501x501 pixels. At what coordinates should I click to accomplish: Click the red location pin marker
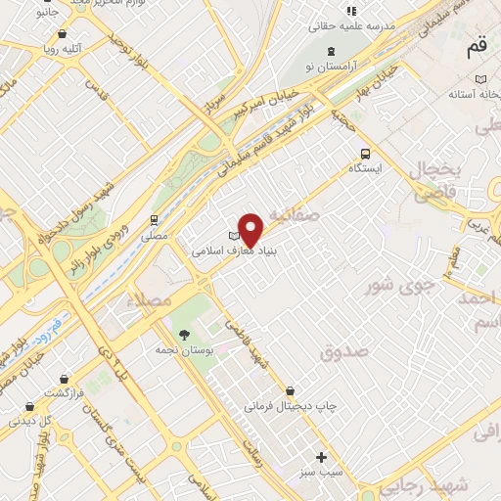[x=251, y=228]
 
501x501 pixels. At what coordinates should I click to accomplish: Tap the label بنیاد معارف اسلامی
[x=222, y=250]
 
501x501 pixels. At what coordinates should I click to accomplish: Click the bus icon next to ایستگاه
[x=365, y=154]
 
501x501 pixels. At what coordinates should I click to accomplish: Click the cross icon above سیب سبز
[x=321, y=457]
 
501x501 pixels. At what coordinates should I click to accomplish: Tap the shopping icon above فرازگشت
[x=64, y=379]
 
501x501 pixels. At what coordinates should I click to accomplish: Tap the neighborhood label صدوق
[x=342, y=349]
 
